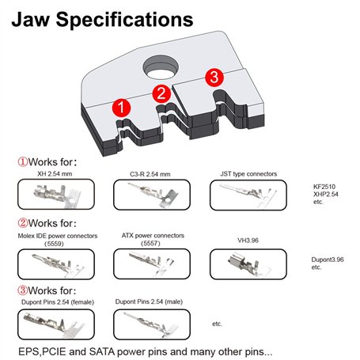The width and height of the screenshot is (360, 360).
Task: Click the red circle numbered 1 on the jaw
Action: click(121, 108)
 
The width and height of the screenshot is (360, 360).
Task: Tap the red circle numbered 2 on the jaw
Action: click(161, 93)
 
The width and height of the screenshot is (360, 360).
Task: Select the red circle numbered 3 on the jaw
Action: click(214, 78)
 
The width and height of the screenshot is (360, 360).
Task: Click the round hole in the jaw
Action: click(161, 68)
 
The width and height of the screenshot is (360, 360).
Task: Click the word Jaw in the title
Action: click(31, 19)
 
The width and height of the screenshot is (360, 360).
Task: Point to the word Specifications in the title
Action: click(124, 20)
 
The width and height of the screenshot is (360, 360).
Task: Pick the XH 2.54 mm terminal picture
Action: click(56, 195)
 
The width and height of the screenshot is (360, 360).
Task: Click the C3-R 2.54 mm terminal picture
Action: click(152, 195)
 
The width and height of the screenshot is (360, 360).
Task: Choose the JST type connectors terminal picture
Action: click(248, 195)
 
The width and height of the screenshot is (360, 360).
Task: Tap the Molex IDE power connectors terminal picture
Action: click(56, 264)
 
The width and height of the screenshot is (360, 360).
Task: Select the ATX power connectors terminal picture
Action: click(152, 263)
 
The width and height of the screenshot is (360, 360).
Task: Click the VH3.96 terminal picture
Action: click(248, 264)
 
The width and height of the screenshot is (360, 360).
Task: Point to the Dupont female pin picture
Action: click(56, 324)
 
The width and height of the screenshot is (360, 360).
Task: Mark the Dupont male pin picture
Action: click(152, 324)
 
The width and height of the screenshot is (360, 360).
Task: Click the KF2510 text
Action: click(324, 187)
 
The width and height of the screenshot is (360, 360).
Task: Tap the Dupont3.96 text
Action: click(328, 260)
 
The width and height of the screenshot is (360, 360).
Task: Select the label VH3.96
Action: click(248, 241)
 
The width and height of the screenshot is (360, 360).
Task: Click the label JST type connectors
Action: click(248, 174)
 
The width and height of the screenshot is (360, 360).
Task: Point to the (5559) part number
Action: click(54, 244)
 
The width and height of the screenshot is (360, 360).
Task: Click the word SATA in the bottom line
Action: click(101, 351)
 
